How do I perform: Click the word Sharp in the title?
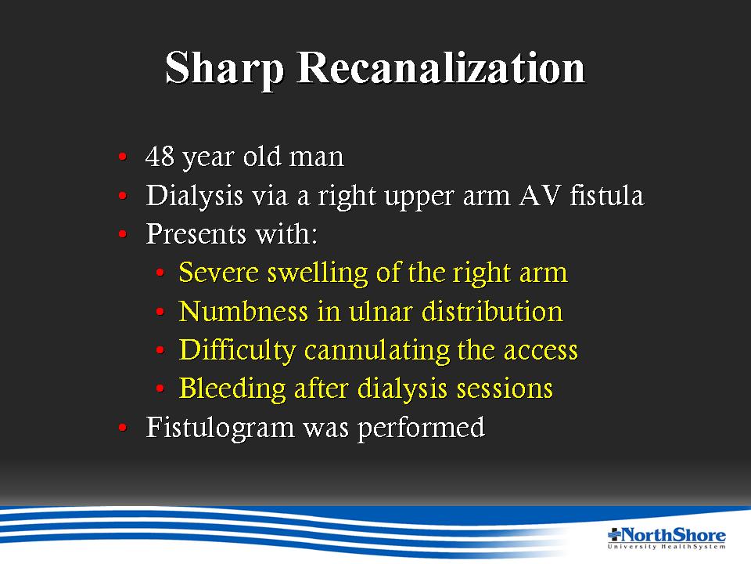click(225, 70)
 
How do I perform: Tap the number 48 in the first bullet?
click(160, 157)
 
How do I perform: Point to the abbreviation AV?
click(539, 195)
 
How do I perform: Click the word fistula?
click(607, 195)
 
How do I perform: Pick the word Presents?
click(196, 234)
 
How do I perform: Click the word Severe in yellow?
click(219, 273)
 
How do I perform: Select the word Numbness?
click(243, 311)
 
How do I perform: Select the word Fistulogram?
click(220, 428)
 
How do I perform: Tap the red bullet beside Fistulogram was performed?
click(123, 427)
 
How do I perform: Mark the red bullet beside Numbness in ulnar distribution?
click(160, 312)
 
